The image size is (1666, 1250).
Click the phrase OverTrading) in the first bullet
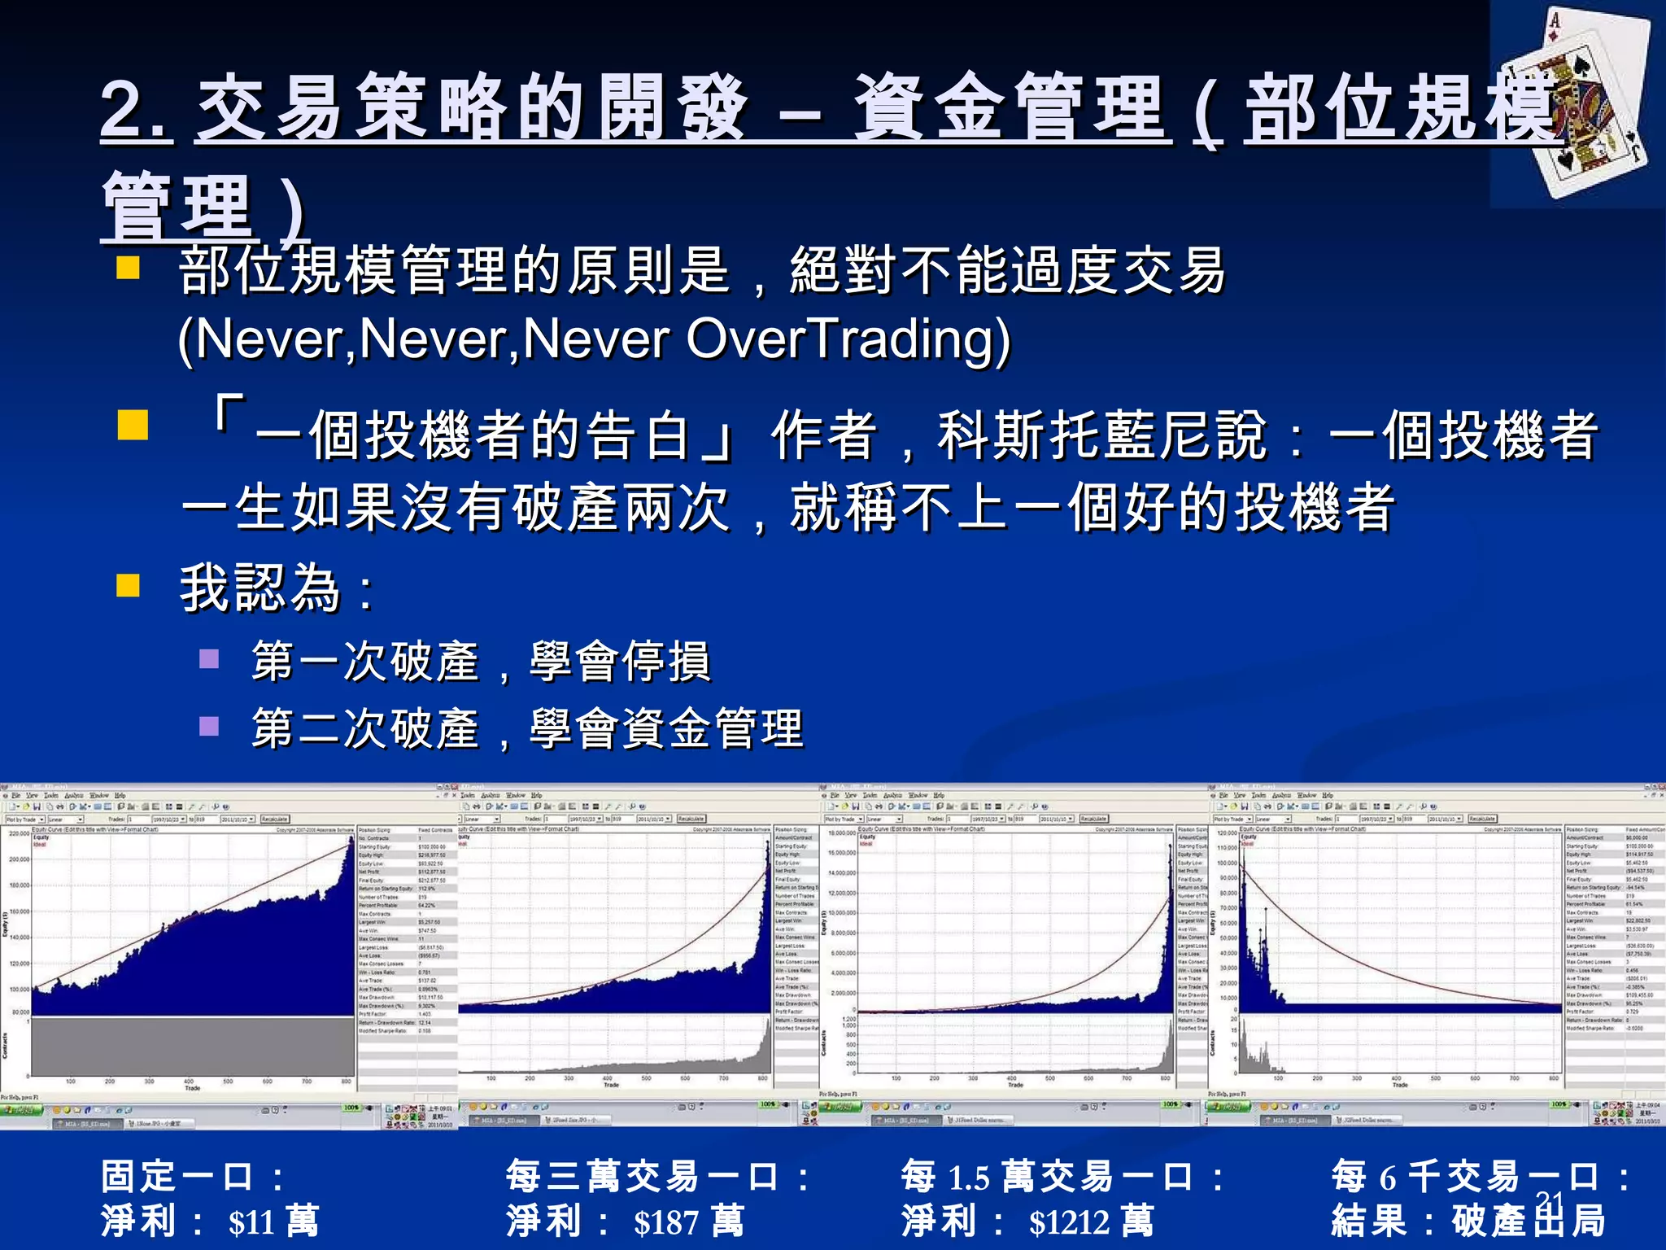848,339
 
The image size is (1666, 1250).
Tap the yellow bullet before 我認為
129,586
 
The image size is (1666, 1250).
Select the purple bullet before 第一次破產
209,658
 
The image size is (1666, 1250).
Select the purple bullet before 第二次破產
209,725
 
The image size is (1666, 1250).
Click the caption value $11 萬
273,1221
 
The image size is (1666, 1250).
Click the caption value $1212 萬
1091,1221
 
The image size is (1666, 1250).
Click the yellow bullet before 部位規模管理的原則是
129,268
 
